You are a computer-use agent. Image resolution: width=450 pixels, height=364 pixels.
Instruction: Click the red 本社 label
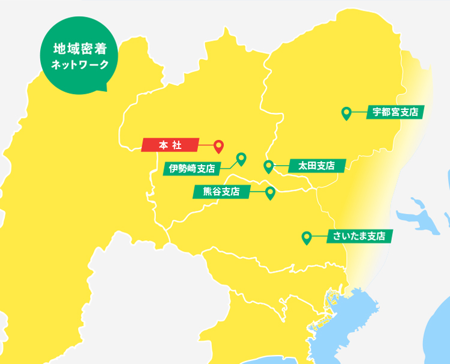click(170, 145)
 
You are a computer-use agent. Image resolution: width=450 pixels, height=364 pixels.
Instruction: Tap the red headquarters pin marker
click(219, 146)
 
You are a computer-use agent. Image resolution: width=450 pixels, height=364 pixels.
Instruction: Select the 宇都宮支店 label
click(395, 112)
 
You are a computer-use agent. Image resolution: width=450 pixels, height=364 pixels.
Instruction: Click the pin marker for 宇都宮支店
click(346, 112)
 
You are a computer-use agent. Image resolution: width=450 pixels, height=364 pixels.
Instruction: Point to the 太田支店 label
click(316, 165)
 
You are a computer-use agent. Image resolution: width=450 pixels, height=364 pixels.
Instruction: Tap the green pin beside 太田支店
click(268, 166)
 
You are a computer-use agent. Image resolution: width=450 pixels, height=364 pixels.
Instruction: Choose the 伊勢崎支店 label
click(193, 168)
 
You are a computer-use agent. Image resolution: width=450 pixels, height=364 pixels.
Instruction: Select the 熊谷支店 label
click(221, 192)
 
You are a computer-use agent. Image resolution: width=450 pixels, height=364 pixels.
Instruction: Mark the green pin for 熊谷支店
click(270, 193)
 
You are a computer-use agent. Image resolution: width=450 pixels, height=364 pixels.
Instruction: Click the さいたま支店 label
click(359, 236)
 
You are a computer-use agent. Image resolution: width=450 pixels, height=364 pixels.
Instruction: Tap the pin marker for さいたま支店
click(307, 238)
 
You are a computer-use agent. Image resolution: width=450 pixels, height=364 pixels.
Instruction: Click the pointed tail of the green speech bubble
click(103, 88)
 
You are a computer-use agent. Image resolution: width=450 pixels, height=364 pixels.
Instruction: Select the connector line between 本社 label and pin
click(206, 145)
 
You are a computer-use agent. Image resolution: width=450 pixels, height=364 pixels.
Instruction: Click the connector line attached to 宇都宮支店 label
click(359, 112)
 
